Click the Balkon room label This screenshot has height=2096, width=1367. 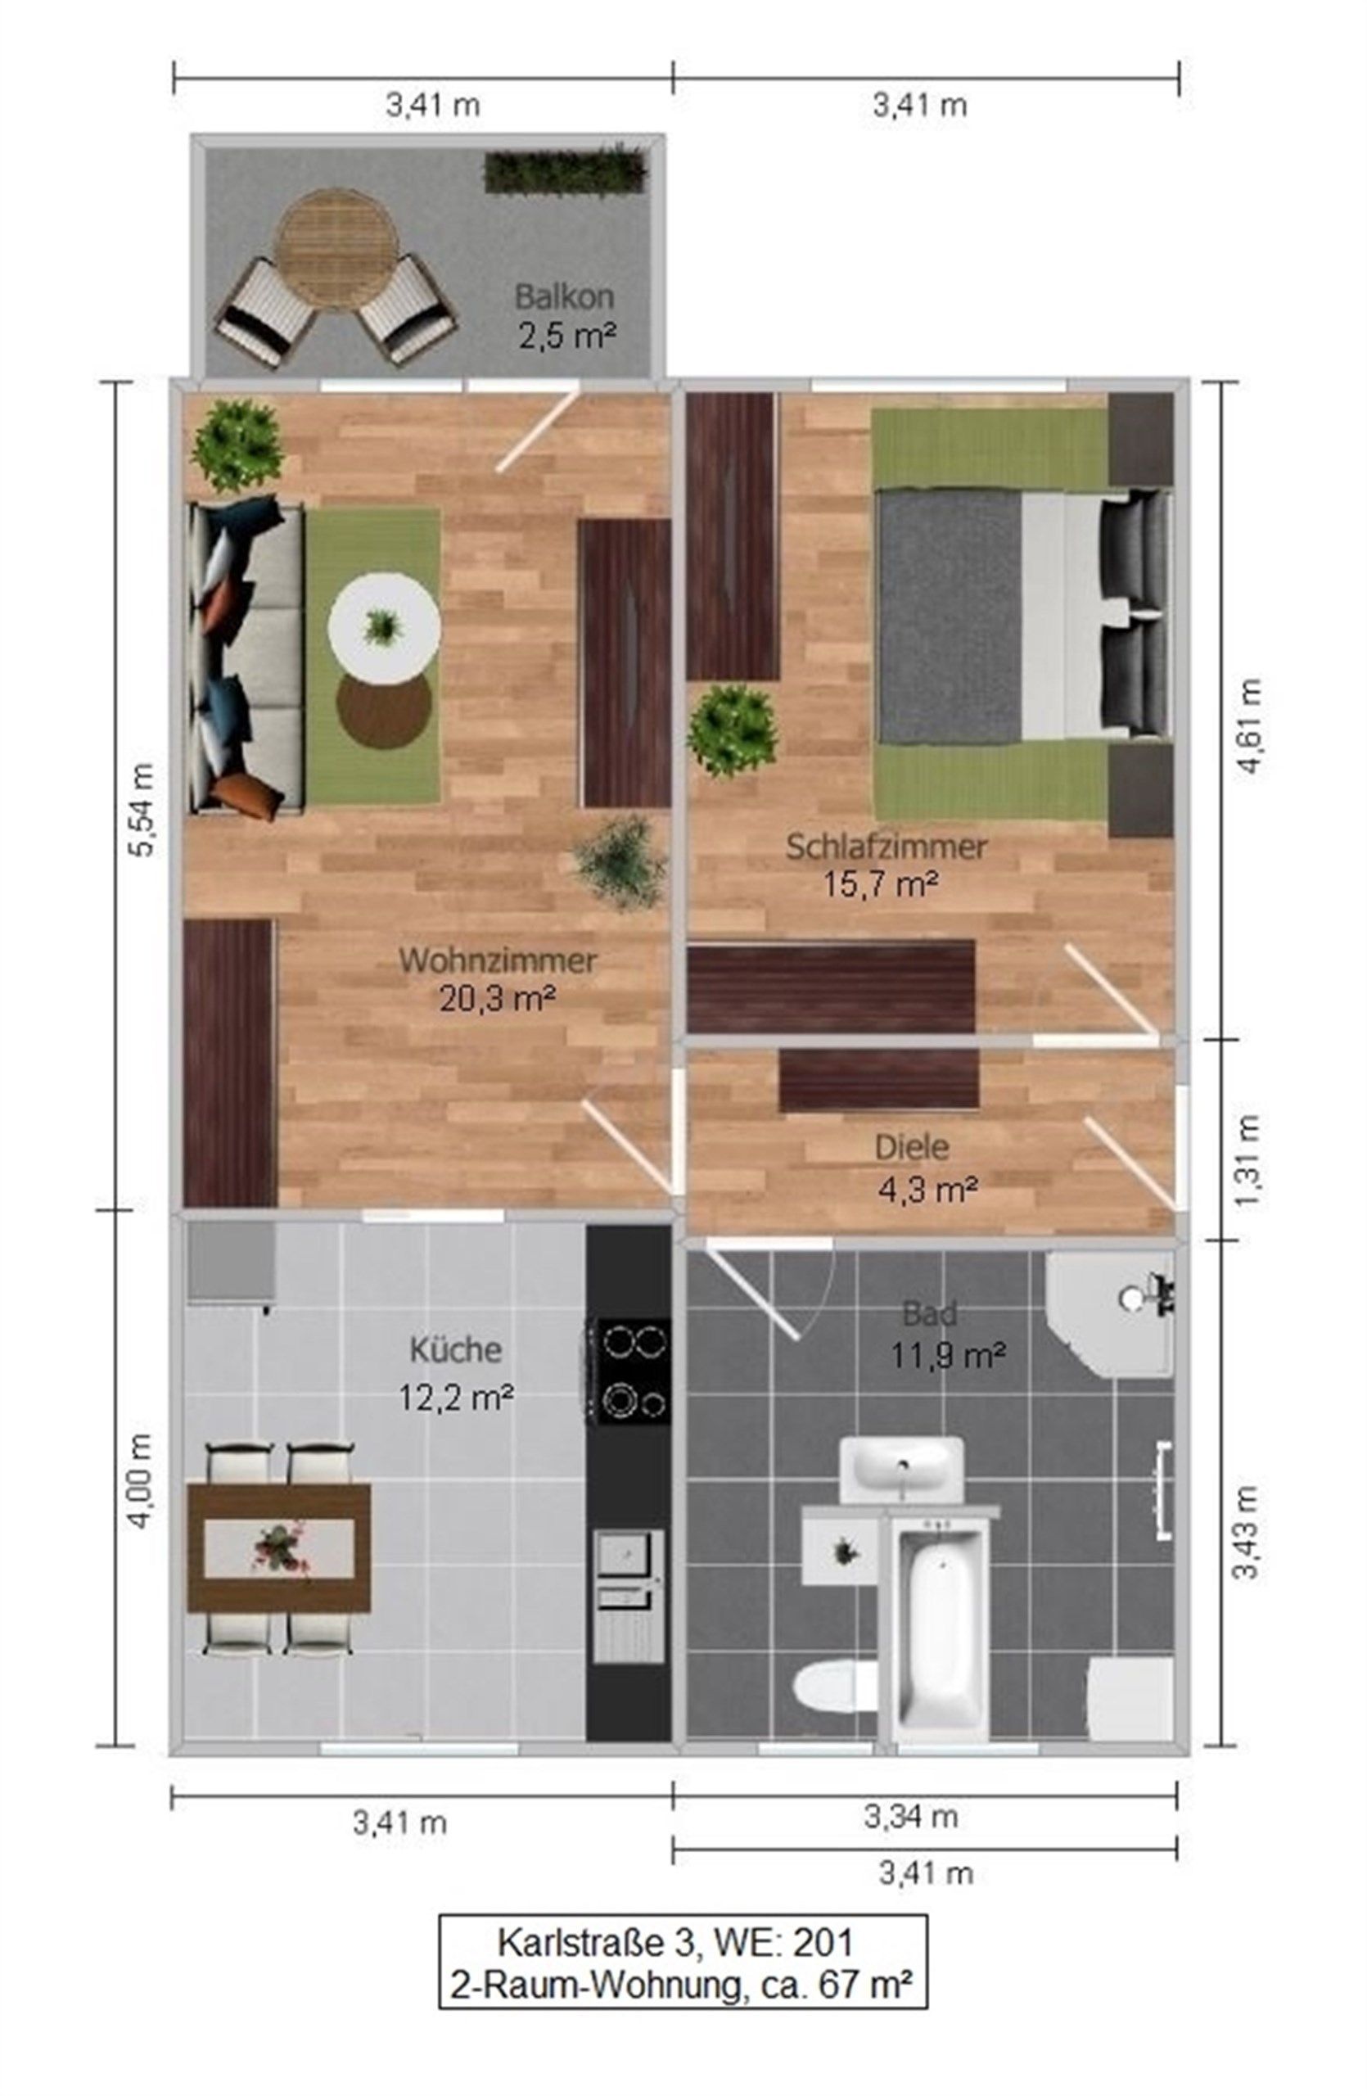click(x=563, y=296)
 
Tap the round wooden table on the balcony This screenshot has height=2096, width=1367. click(x=332, y=248)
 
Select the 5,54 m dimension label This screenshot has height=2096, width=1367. click(x=142, y=808)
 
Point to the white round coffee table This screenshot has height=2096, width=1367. click(x=384, y=628)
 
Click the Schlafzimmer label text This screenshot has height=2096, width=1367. click(x=886, y=847)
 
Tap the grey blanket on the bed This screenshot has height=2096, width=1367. click(x=949, y=617)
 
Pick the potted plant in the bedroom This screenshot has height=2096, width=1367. click(x=732, y=731)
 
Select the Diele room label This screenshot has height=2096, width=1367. click(x=911, y=1148)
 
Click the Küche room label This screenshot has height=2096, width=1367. click(x=455, y=1349)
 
